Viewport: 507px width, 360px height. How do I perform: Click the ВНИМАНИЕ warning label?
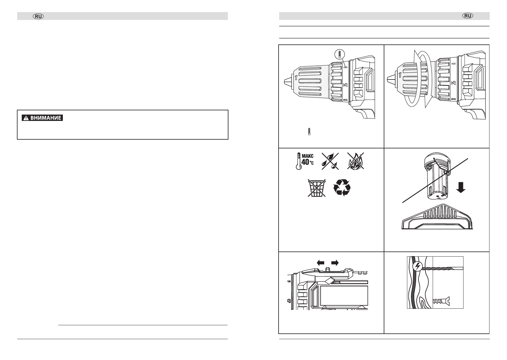coord(42,118)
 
